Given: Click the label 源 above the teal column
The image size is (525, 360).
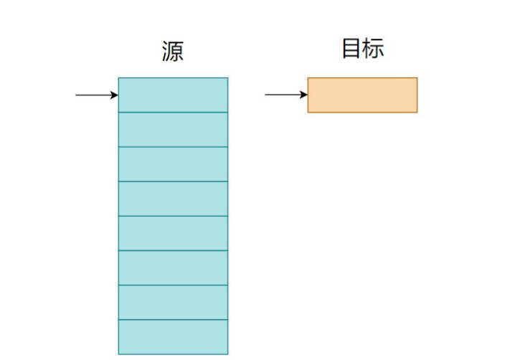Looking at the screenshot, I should [173, 52].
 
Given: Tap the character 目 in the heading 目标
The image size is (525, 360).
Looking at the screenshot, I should [351, 48].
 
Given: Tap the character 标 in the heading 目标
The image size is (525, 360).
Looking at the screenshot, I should [374, 48].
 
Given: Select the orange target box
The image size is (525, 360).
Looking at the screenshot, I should [362, 95].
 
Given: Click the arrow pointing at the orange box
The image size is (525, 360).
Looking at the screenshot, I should [285, 95].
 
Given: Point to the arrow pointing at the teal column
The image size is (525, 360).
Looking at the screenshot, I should [95, 95].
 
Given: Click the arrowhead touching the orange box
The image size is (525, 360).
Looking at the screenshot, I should [304, 95].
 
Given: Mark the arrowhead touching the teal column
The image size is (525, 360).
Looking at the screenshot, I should [115, 95].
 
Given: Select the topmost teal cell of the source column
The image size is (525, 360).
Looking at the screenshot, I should [173, 95].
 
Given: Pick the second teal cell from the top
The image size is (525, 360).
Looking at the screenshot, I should [173, 130].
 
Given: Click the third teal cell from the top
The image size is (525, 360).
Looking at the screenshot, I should [173, 164].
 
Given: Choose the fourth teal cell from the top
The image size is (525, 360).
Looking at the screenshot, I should [173, 199].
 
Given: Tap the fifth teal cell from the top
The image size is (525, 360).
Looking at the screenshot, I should [173, 233].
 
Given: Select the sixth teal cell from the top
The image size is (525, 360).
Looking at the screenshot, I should [173, 267].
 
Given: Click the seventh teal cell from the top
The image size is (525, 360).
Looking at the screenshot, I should [173, 302].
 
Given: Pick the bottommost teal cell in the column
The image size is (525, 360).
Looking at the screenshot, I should [173, 336].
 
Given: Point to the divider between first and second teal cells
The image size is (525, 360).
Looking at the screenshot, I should [173, 113].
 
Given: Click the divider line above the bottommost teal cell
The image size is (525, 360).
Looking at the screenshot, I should [173, 320].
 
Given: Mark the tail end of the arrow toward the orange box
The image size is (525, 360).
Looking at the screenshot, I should [267, 95].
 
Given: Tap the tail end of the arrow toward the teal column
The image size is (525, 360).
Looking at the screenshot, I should [77, 95].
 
